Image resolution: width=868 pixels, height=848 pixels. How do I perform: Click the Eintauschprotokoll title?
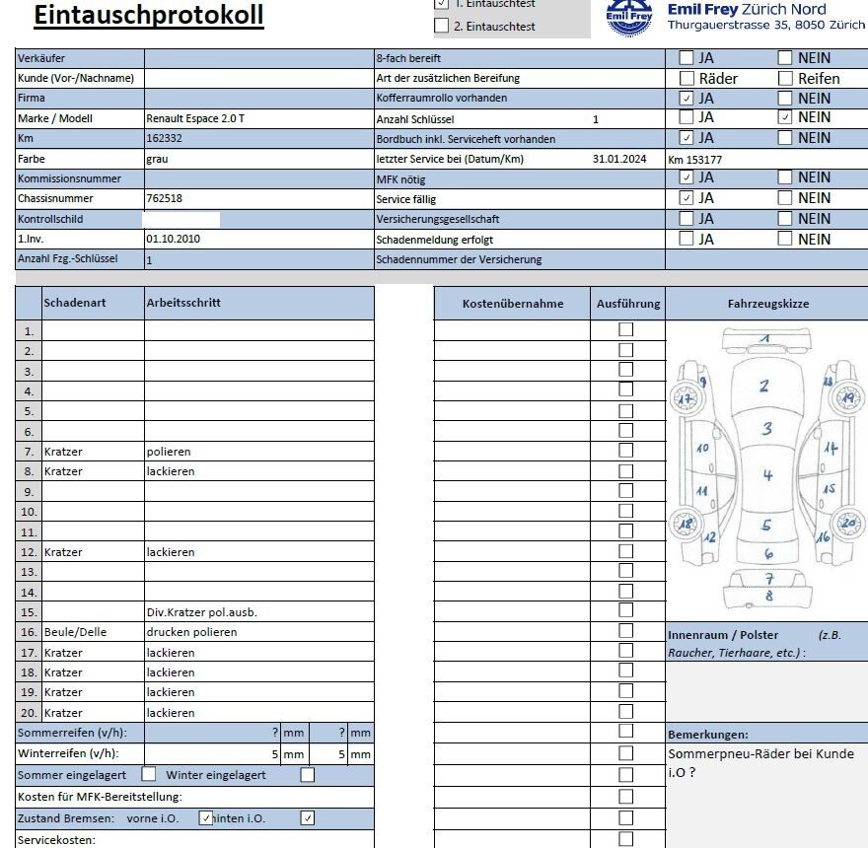pos(149,15)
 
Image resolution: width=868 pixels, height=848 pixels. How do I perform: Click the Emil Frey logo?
pos(629,18)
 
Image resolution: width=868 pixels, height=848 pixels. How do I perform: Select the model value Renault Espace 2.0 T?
pos(195,118)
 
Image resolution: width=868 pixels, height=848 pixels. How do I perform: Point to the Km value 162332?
pos(164,138)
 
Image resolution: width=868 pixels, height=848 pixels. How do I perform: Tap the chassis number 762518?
pos(164,198)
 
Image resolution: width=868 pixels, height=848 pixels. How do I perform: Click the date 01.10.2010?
pos(173,239)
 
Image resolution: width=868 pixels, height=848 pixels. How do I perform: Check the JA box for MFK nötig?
pos(687,177)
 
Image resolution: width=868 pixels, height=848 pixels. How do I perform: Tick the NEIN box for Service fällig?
pos(785,198)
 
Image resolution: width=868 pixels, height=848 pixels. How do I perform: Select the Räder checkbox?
pos(687,78)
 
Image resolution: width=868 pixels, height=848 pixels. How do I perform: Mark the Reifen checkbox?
pos(785,78)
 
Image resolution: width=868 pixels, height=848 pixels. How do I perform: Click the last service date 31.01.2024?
pos(619,159)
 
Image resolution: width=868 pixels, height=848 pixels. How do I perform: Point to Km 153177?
pos(700,159)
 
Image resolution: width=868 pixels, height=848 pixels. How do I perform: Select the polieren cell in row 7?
pos(169,452)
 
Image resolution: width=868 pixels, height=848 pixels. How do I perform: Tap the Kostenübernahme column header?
pos(513,304)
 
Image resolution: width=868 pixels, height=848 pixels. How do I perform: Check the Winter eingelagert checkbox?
pos(308,775)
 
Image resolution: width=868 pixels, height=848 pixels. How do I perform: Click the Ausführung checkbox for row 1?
pos(625,330)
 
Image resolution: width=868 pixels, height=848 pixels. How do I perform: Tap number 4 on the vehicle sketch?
pos(767,476)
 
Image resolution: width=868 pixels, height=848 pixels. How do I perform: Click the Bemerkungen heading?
pos(707,735)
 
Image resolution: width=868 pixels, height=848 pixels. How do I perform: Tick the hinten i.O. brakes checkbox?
pos(308,817)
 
